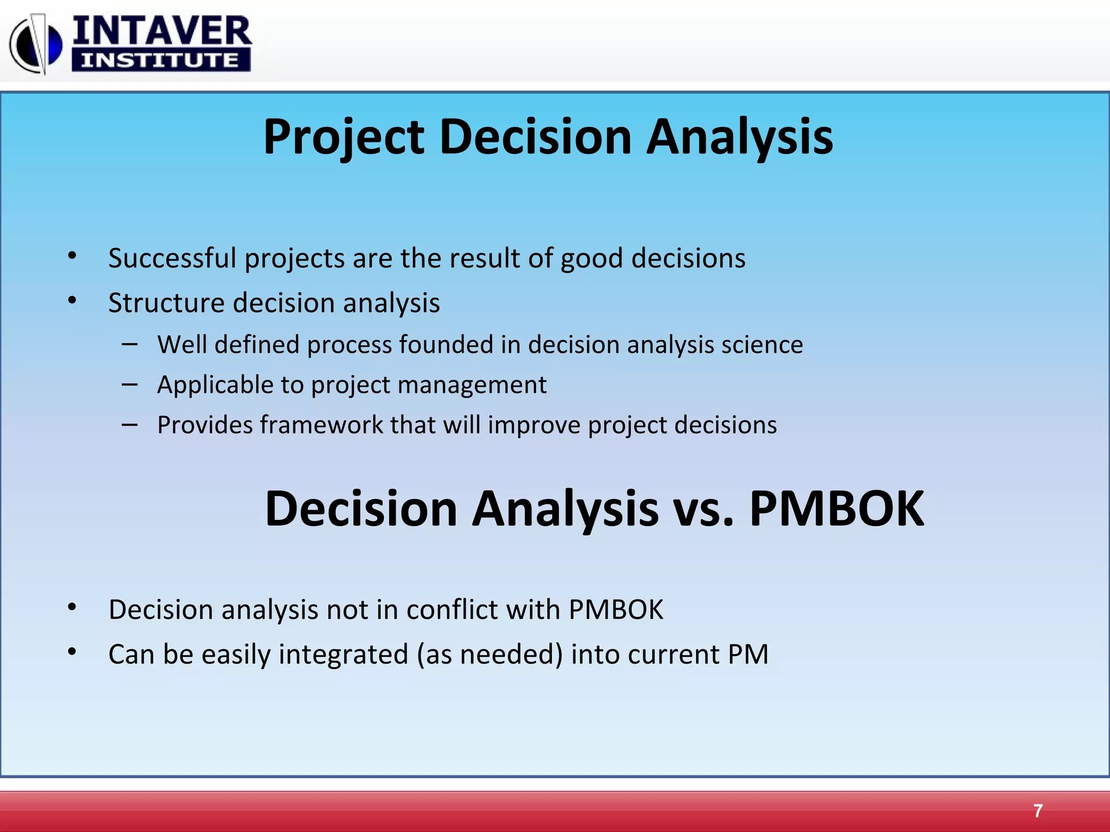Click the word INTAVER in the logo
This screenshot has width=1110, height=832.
click(x=162, y=31)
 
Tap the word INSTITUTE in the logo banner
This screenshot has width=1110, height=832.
click(x=160, y=60)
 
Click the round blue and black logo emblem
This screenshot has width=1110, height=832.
click(x=36, y=44)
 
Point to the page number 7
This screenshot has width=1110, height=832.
click(x=1037, y=811)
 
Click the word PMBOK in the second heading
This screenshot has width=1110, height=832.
click(x=836, y=509)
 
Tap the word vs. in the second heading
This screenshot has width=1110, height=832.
click(x=703, y=510)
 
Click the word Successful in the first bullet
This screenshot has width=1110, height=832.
click(x=172, y=258)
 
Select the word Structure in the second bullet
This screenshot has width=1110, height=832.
click(x=166, y=303)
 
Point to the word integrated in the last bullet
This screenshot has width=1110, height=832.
click(x=343, y=654)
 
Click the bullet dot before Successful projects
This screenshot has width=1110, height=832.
click(x=72, y=256)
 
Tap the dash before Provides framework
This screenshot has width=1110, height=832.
click(x=130, y=425)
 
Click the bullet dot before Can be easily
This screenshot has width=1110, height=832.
click(x=72, y=652)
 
